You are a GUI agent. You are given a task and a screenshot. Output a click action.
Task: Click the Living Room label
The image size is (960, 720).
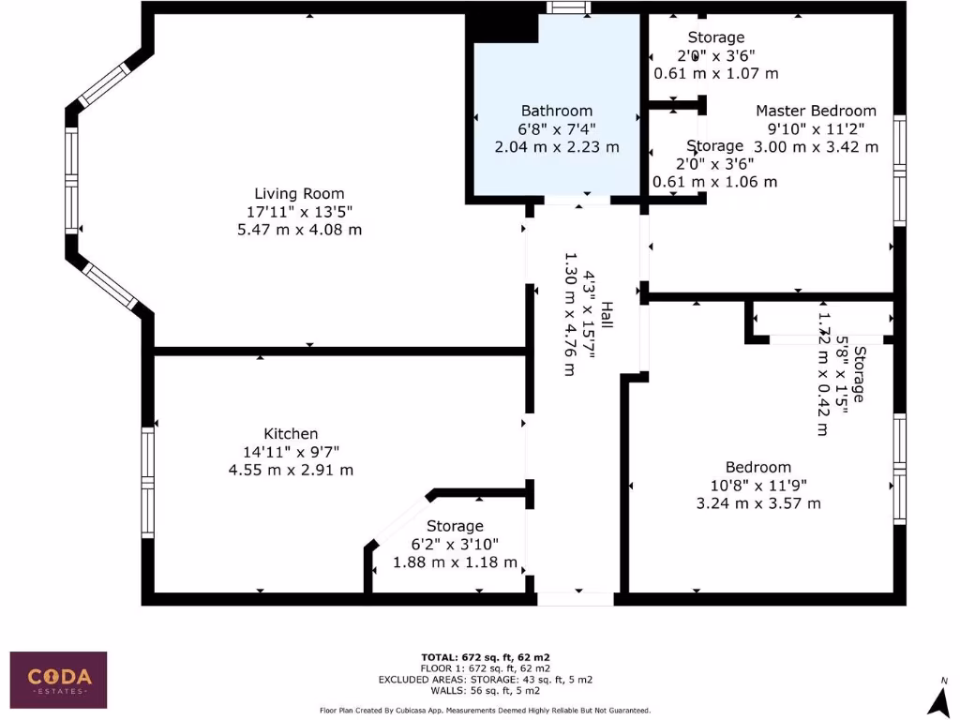(299, 194)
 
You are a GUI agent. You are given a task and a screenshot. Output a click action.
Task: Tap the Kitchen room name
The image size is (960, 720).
(291, 434)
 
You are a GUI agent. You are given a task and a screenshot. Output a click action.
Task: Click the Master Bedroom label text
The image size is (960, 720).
(816, 111)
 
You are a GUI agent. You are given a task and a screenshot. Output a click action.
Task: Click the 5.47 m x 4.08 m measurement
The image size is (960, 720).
(299, 230)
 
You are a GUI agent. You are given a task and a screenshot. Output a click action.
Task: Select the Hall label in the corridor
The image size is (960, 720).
(607, 315)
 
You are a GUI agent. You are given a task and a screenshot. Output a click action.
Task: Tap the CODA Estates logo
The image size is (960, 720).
(58, 680)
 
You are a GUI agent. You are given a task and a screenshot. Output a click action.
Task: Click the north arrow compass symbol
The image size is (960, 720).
(935, 698)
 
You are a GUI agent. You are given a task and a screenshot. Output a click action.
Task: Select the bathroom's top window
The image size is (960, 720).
(568, 8)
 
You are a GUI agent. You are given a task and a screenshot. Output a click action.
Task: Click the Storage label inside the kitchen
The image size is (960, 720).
(455, 526)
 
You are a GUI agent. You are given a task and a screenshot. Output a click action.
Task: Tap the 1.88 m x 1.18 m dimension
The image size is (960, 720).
(455, 562)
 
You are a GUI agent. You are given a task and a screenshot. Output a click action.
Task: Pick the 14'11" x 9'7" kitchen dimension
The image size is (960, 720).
(291, 452)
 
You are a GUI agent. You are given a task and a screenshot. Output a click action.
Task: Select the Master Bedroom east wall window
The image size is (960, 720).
(899, 170)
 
